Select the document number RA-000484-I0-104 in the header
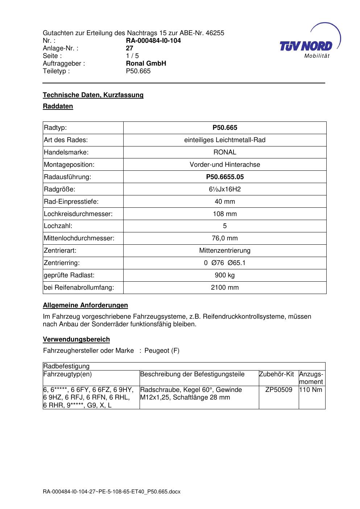point(153,41)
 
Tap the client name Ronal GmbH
point(146,63)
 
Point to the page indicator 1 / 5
point(132,56)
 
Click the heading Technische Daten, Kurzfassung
point(93,95)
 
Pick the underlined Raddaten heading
point(58,106)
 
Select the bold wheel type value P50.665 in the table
point(225,128)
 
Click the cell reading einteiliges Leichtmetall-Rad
point(225,140)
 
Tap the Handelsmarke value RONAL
point(225,152)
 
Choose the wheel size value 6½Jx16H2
point(225,189)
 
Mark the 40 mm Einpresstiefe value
point(225,202)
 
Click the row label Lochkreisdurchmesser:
point(78,214)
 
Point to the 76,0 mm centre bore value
point(225,238)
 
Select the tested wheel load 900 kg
point(225,275)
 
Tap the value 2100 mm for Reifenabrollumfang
point(225,287)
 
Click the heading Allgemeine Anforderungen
point(85,305)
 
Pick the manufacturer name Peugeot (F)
point(162,351)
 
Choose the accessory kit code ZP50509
point(279,390)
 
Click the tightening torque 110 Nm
point(311,390)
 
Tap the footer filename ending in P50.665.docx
point(111,492)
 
